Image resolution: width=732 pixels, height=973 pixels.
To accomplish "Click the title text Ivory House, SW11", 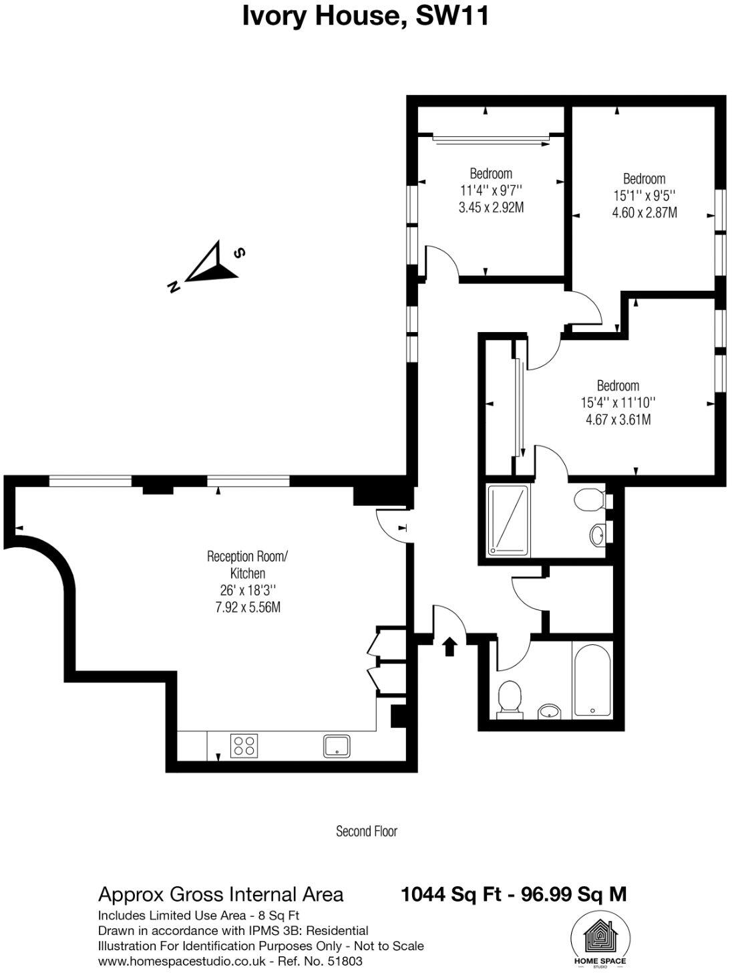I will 365,16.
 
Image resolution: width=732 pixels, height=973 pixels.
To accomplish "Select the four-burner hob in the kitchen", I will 244,745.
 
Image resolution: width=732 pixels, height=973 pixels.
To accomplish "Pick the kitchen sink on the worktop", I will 337,745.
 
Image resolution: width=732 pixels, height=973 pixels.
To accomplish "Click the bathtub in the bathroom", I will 592,680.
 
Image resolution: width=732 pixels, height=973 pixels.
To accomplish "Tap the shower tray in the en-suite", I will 508,520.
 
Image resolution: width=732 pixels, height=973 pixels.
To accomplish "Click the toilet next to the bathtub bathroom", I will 510,698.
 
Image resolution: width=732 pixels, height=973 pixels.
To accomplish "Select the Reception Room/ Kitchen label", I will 247,565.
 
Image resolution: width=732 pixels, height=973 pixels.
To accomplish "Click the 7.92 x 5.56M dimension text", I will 247,607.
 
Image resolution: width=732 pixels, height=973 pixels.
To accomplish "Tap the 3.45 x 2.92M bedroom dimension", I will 491,208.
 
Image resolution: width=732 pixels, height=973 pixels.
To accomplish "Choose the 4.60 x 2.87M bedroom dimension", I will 645,213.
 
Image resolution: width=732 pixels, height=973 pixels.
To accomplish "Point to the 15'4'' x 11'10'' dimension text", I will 618,403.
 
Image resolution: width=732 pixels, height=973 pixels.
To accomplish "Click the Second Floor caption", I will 367,831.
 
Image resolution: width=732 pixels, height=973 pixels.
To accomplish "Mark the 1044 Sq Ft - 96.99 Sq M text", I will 513,894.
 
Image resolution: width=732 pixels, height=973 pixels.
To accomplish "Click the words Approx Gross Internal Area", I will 221,894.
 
